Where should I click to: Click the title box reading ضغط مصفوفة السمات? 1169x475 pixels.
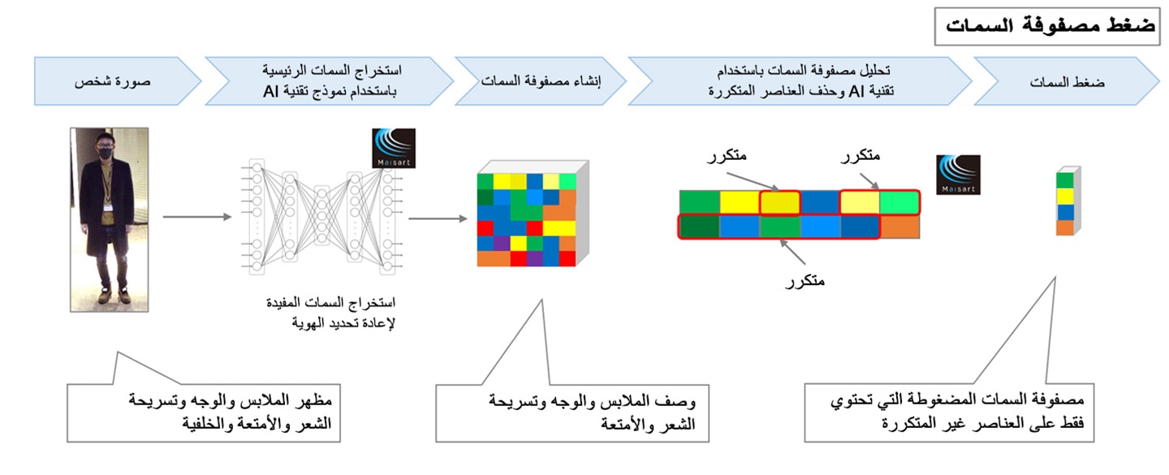pos(1048,26)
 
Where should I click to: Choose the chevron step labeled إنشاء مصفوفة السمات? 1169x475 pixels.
pos(540,81)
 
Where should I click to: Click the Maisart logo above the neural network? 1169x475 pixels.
pos(394,149)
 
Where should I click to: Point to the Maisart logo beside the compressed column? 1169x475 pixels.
pos(958,175)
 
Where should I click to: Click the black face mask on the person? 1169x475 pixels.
pos(106,153)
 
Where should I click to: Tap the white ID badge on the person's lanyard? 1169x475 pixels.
pos(108,207)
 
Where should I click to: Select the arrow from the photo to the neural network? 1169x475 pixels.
pos(197,217)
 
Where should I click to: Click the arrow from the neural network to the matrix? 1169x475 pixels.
pos(438,218)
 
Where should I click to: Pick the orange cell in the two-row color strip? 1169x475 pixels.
pos(899,227)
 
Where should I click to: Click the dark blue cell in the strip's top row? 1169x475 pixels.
pos(820,203)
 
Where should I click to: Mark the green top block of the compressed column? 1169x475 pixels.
pos(1065,180)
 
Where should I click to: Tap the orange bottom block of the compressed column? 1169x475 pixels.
pos(1065,227)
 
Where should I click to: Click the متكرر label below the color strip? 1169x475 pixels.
pos(804,281)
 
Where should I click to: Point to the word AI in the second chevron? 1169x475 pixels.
pos(271,92)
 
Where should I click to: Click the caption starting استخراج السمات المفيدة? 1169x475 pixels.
pos(331,313)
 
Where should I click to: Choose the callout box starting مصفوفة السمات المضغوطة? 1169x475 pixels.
pos(949,412)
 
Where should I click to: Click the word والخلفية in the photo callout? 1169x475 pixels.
pos(207,423)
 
